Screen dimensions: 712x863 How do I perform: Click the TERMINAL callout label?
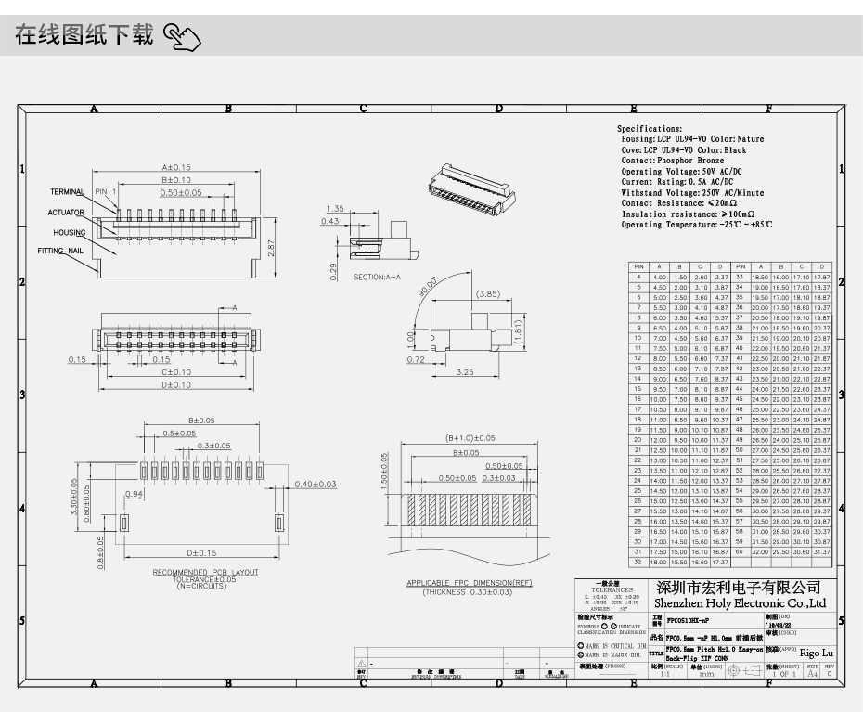pyautogui.click(x=67, y=192)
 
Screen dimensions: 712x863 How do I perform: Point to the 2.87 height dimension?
pyautogui.click(x=271, y=248)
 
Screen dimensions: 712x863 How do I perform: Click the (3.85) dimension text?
pyautogui.click(x=489, y=294)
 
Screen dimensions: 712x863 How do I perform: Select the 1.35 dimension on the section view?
pyautogui.click(x=336, y=209)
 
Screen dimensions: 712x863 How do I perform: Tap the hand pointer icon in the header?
pyautogui.click(x=182, y=38)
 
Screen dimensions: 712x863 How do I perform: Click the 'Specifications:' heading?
pyautogui.click(x=650, y=129)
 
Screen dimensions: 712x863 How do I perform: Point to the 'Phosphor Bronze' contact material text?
pyautogui.click(x=689, y=161)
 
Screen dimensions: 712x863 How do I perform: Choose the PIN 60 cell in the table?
pyautogui.click(x=740, y=551)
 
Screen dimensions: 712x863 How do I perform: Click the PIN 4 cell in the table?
pyautogui.click(x=638, y=277)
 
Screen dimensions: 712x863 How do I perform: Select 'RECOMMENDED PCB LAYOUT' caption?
pyautogui.click(x=206, y=573)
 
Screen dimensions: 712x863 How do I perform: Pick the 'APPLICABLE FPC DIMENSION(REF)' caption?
pyautogui.click(x=470, y=583)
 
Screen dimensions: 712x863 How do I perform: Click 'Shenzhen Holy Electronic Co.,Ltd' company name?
pyautogui.click(x=741, y=603)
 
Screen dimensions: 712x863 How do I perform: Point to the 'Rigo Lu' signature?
pyautogui.click(x=818, y=654)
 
